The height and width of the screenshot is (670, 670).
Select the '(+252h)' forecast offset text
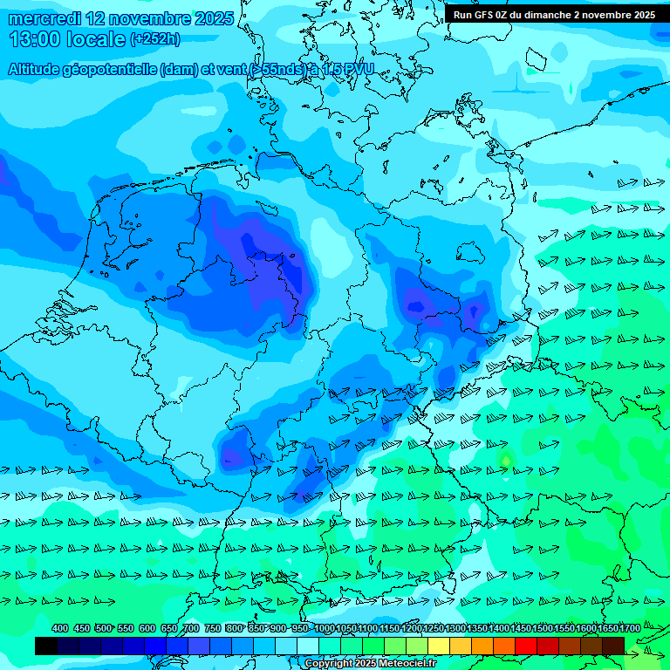pos(154,39)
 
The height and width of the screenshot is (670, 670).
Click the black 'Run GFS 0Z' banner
pos(555,14)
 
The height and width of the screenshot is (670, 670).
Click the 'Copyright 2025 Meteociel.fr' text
pos(370,664)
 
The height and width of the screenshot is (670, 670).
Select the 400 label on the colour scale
pos(60,628)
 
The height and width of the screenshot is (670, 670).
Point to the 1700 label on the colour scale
pos(629,628)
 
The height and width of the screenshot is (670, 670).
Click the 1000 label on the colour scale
pos(325,628)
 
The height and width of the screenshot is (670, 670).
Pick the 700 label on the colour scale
pos(191,628)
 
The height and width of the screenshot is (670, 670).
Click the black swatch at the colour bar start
pos(46,646)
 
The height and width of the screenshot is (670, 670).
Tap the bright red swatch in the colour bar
pos(525,646)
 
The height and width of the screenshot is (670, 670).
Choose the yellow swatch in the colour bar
pos(439,646)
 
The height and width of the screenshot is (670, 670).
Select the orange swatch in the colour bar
pos(482,646)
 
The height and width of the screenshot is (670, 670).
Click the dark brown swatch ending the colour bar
pos(612,646)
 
